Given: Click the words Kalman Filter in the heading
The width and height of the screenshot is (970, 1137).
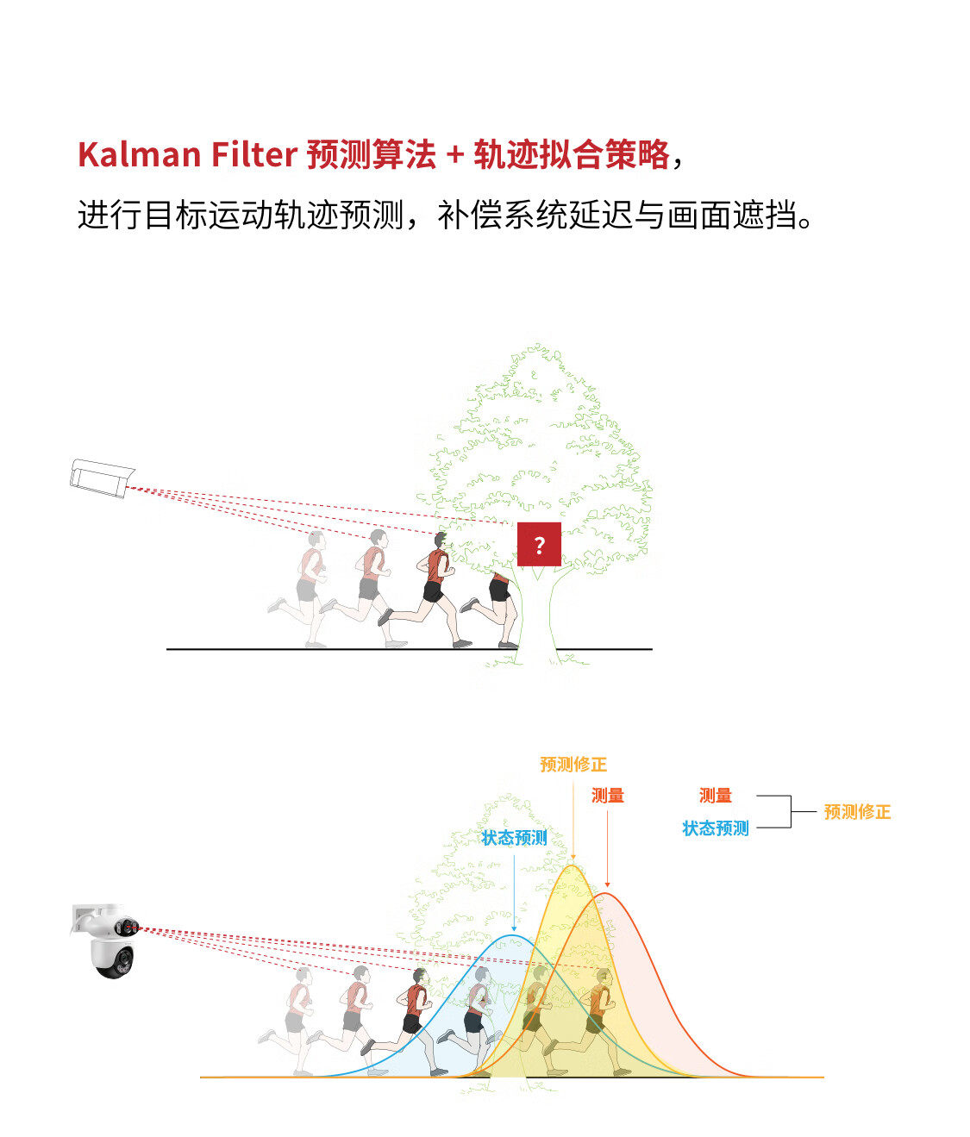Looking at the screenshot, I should (187, 155).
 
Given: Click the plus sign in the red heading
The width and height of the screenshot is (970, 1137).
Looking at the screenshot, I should (454, 155).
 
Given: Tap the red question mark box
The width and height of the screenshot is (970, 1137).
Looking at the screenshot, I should (539, 545).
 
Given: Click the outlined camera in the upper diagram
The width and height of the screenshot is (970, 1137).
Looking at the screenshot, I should (102, 478).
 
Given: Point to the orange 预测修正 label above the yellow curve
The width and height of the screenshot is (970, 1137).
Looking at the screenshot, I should (573, 765).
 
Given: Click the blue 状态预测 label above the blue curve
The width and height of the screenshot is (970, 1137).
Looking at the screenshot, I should (514, 838).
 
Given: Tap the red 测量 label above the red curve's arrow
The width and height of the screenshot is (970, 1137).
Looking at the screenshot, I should (608, 796).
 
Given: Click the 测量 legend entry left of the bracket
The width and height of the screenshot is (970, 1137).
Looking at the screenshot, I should (716, 796).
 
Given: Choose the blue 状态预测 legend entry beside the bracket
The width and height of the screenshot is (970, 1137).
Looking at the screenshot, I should (716, 828).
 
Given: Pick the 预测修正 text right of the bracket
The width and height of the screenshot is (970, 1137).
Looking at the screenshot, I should (857, 812).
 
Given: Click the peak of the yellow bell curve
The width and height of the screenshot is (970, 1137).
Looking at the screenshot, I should (572, 865).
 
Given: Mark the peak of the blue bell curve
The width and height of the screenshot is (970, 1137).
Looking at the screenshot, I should (513, 936).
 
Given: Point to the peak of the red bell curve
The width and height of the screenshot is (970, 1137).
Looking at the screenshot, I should (606, 894).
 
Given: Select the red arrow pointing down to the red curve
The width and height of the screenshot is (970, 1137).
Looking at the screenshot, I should (608, 849).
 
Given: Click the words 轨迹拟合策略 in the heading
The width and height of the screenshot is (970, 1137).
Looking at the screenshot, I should (572, 155).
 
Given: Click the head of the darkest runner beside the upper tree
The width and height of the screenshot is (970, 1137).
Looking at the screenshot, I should (441, 540).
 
